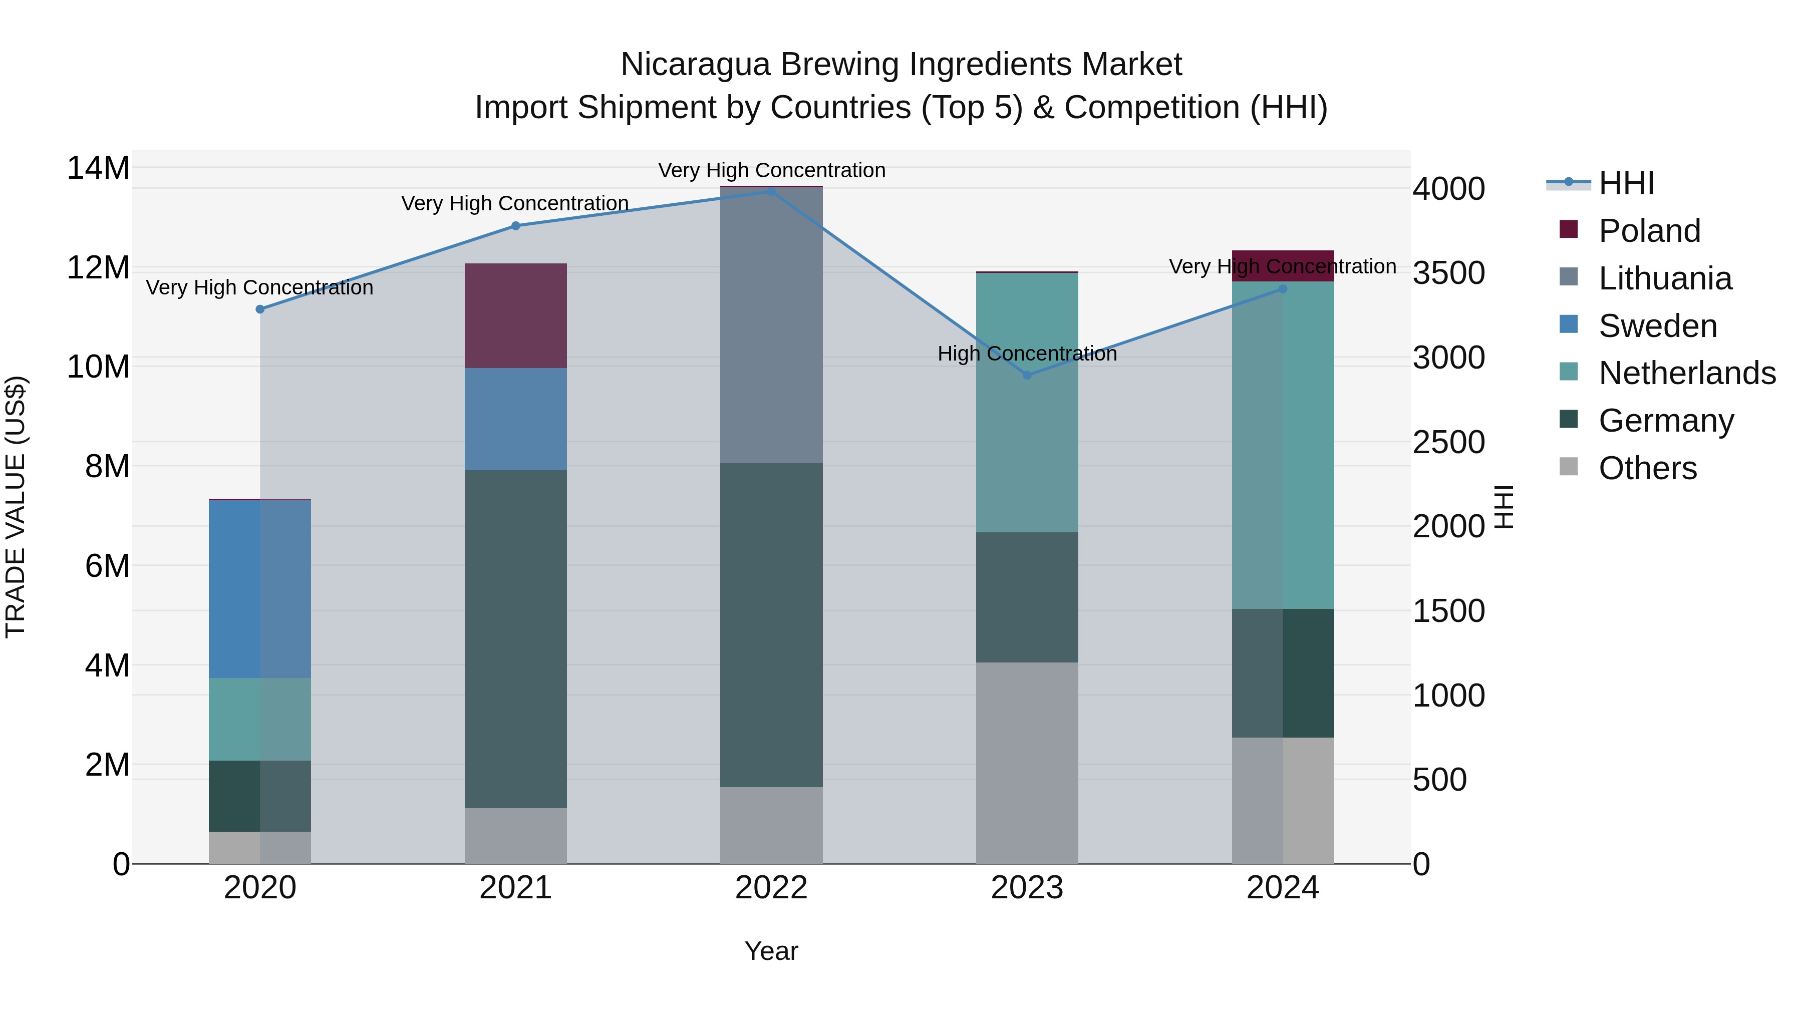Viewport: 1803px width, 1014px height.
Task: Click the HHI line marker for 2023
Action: click(x=1027, y=375)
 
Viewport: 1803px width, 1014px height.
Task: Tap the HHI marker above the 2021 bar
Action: click(x=516, y=225)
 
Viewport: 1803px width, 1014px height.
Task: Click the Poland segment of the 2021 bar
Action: click(x=516, y=315)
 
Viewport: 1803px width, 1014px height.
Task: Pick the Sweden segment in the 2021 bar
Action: click(x=516, y=419)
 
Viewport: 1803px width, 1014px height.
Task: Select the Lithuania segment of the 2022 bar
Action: click(x=771, y=325)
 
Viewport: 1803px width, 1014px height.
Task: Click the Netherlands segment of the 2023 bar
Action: click(x=1027, y=403)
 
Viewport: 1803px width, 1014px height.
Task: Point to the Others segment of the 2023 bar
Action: click(x=1027, y=763)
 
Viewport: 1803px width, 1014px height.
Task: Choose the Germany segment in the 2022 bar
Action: click(x=771, y=625)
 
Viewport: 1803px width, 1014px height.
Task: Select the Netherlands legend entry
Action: click(x=1687, y=373)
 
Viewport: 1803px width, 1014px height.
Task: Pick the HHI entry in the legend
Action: click(x=1626, y=183)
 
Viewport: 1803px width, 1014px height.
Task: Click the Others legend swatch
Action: click(x=1569, y=467)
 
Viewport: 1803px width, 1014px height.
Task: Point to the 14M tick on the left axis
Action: click(x=98, y=169)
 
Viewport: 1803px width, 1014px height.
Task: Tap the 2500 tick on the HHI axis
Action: click(x=1448, y=442)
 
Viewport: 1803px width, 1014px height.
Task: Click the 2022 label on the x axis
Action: click(x=771, y=888)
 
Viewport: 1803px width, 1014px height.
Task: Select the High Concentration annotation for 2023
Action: click(x=1027, y=354)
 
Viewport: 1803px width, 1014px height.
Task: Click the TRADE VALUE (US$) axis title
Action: click(x=16, y=507)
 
